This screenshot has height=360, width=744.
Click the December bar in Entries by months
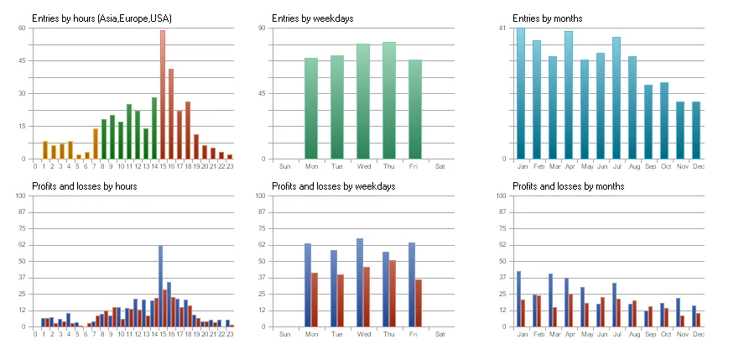click(x=696, y=130)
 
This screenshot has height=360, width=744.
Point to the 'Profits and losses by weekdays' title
click(x=334, y=186)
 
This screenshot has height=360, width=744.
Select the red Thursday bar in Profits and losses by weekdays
click(x=393, y=294)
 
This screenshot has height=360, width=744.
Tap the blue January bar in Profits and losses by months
click(x=518, y=299)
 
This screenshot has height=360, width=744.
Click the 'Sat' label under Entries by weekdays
click(x=440, y=166)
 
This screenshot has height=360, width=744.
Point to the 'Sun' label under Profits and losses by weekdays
click(x=285, y=334)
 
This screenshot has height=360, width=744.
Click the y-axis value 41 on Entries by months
click(x=502, y=29)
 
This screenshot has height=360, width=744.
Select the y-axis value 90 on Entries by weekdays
click(x=262, y=29)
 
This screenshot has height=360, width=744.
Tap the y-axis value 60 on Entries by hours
click(x=22, y=29)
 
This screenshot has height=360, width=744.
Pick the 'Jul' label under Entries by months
click(x=617, y=166)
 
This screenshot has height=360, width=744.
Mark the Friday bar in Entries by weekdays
click(x=414, y=109)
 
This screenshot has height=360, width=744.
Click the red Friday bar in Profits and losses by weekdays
click(x=419, y=303)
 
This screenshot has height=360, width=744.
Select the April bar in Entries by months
click(x=569, y=94)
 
